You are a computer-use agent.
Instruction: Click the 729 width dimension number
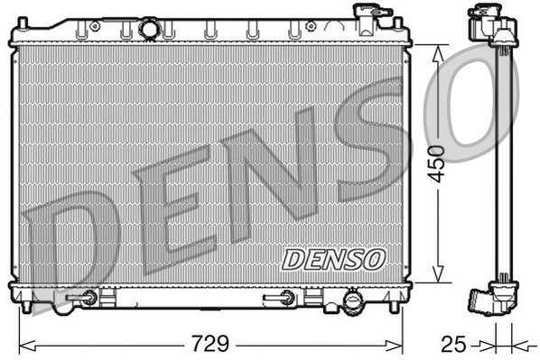[x=210, y=343]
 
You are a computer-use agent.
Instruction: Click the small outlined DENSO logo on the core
[x=333, y=260]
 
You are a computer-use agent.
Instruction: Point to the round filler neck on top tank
[x=150, y=28]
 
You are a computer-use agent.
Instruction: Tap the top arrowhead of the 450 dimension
[x=438, y=54]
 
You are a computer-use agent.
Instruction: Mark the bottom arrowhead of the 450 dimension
[x=438, y=273]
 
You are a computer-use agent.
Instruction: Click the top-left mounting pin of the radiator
[x=23, y=23]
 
